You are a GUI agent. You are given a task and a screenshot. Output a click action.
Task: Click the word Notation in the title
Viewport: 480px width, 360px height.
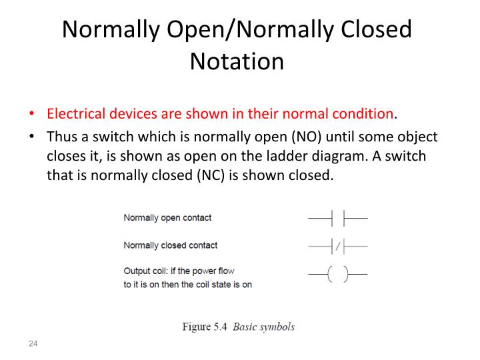click(x=237, y=61)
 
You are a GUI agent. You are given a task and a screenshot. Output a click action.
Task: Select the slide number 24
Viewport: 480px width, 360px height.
click(x=33, y=343)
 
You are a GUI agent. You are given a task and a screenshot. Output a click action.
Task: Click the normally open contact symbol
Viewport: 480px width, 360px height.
click(x=337, y=218)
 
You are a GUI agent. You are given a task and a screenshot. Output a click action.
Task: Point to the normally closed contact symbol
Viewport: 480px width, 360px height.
click(x=337, y=246)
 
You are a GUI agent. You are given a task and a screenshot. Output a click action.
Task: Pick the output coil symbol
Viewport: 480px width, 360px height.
click(x=337, y=274)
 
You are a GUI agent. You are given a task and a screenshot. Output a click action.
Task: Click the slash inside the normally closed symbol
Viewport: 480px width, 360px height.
click(x=338, y=247)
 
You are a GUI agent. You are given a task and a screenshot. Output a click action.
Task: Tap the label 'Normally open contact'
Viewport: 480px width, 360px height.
click(x=167, y=218)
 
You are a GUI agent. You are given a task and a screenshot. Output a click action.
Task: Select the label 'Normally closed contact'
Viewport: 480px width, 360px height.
click(x=171, y=245)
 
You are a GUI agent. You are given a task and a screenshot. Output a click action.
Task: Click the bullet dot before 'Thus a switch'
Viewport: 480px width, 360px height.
click(x=33, y=137)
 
